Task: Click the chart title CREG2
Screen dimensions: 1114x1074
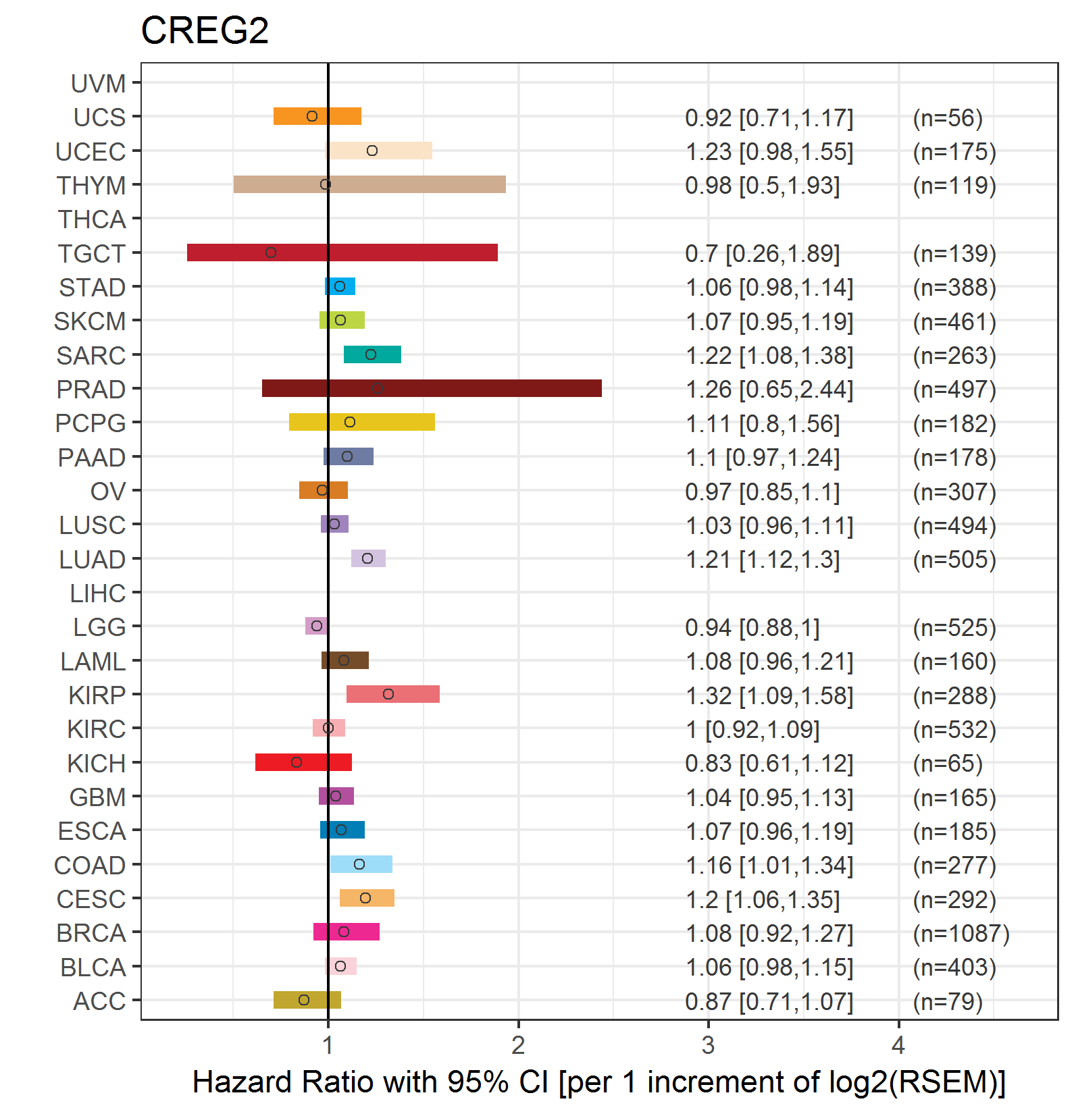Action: coord(205,31)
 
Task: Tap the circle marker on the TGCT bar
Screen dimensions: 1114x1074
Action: coord(271,253)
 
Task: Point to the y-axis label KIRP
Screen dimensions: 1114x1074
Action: coord(97,695)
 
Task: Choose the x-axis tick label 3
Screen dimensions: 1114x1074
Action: coord(708,1045)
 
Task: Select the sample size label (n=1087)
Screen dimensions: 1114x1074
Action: coord(961,934)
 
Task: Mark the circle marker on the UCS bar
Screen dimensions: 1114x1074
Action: coord(312,116)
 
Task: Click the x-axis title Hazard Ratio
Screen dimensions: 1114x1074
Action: coord(598,1082)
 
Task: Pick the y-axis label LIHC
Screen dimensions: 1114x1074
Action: coord(98,593)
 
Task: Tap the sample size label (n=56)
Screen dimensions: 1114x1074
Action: coord(947,118)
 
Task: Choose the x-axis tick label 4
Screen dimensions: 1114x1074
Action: coord(898,1045)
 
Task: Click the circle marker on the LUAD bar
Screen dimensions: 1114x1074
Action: coord(367,558)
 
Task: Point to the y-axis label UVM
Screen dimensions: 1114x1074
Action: coord(99,84)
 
